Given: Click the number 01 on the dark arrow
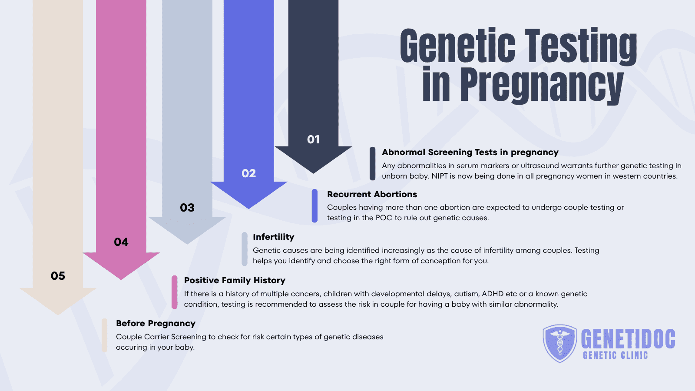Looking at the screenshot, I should click(x=313, y=139).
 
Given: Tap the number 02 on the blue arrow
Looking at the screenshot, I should click(x=248, y=173).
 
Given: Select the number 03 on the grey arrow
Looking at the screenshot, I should click(x=187, y=208).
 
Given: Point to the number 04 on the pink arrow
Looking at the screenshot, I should click(x=121, y=242).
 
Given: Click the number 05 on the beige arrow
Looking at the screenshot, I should click(x=58, y=276).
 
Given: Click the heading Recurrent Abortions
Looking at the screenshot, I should click(x=372, y=194).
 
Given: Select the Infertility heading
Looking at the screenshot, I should click(x=273, y=237).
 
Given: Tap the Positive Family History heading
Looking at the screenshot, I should click(x=235, y=280).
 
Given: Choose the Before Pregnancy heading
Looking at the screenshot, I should click(x=156, y=323).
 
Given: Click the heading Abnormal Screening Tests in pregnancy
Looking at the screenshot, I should click(x=470, y=152).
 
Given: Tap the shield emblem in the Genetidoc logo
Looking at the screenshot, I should click(x=560, y=343).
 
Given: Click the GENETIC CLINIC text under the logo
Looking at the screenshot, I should click(x=615, y=355).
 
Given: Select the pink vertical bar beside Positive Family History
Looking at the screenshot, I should click(x=175, y=292).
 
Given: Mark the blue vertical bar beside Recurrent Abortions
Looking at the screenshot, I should click(x=314, y=206).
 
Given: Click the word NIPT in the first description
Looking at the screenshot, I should click(x=440, y=176).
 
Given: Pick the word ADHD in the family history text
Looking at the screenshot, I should click(x=493, y=294).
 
